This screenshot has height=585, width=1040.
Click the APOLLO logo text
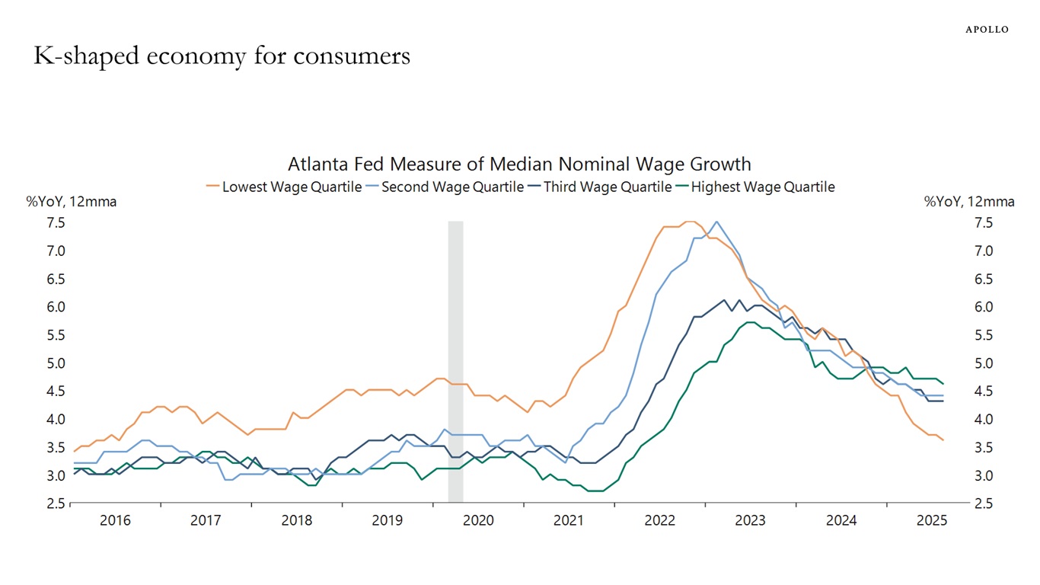(987, 30)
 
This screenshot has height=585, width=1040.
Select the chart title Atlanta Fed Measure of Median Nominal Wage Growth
(519, 164)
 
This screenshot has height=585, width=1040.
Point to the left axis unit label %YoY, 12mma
(72, 202)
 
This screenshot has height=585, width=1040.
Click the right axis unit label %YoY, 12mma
(969, 202)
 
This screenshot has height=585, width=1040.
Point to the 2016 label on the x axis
(115, 521)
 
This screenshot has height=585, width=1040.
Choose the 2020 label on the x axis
(478, 521)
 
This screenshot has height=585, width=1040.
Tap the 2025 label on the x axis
(932, 521)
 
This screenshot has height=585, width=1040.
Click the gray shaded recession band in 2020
(455, 362)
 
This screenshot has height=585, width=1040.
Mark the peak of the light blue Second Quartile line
(716, 222)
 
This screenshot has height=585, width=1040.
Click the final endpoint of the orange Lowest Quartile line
(943, 440)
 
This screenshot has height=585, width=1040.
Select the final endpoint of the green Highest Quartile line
(943, 383)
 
